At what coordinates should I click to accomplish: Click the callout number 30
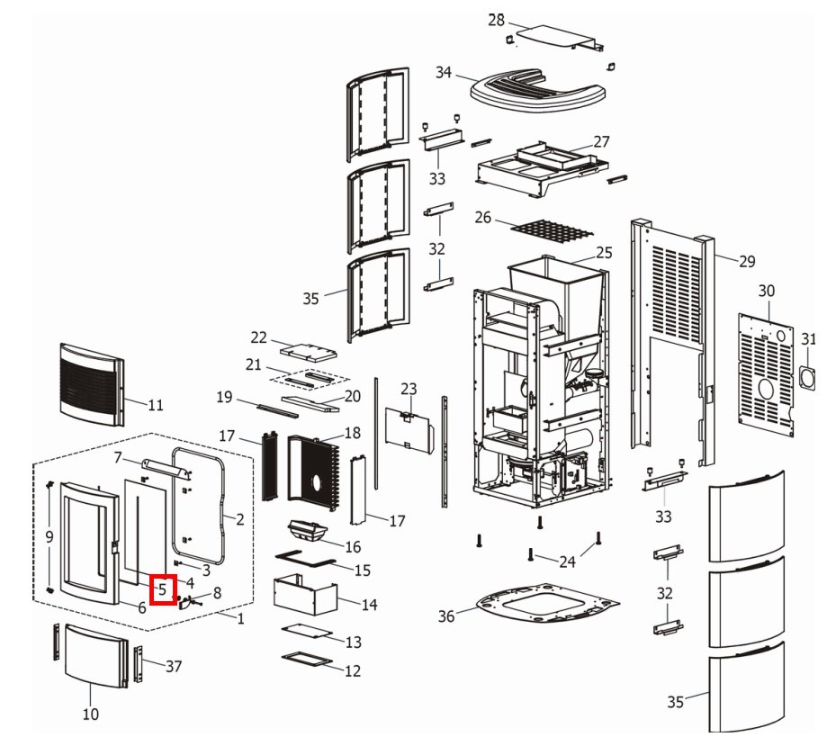click(766, 291)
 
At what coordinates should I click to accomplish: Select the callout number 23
click(409, 389)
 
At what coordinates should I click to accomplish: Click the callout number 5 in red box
click(162, 590)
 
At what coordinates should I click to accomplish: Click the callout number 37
click(174, 667)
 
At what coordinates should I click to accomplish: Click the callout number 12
click(353, 670)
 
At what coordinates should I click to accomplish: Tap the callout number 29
click(748, 262)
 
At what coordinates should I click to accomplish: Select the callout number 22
click(259, 337)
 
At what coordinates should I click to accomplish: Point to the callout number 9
click(49, 537)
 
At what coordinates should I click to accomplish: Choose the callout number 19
click(225, 397)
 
